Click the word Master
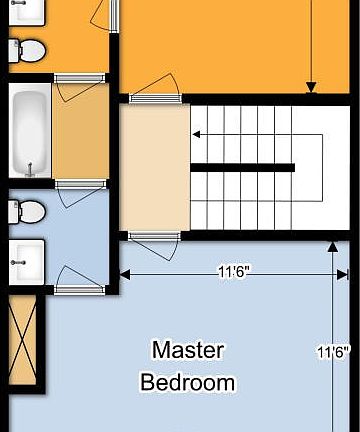coord(188,350)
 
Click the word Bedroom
coord(188,382)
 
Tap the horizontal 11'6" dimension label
coord(234,269)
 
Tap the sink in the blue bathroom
coord(25,261)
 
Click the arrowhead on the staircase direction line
coord(197,133)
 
